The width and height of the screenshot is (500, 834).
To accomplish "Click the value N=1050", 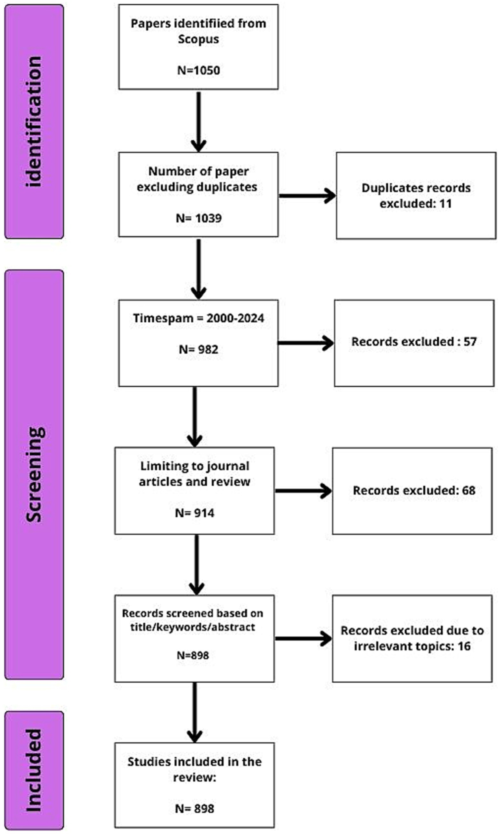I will click(198, 70).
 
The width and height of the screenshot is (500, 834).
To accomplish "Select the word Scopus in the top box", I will click(198, 39).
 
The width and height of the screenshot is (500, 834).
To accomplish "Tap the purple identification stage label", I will click(34, 121).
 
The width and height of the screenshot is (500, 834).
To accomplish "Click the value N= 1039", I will click(198, 218).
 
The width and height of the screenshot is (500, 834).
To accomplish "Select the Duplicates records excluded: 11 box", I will click(416, 195).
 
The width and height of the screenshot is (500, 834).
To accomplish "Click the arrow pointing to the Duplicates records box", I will click(307, 196).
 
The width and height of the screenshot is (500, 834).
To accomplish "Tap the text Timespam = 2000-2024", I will click(198, 318).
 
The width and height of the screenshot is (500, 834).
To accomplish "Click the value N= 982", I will click(198, 349).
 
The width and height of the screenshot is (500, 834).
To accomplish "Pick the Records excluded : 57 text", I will click(414, 342).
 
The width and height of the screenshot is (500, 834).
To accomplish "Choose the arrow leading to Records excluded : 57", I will click(305, 343).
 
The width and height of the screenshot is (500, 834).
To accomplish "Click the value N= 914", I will click(194, 513).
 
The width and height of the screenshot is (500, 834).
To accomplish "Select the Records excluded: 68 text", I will click(414, 490).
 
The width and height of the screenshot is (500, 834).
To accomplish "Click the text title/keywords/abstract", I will click(192, 627).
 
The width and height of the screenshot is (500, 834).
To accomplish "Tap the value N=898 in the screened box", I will click(193, 655).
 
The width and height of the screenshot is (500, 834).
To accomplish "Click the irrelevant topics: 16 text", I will click(412, 646).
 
